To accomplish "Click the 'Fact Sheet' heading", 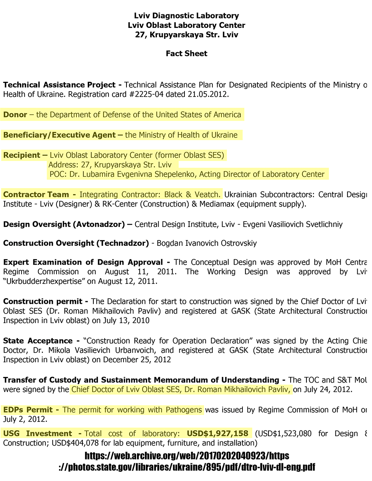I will (x=186, y=54).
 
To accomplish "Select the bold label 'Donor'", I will (x=15, y=115).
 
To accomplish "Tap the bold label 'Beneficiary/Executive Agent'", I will (x=59, y=135).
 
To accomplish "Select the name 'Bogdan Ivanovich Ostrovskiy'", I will (x=207, y=243).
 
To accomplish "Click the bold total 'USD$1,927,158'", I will (x=218, y=434).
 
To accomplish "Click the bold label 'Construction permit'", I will (x=43, y=302).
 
